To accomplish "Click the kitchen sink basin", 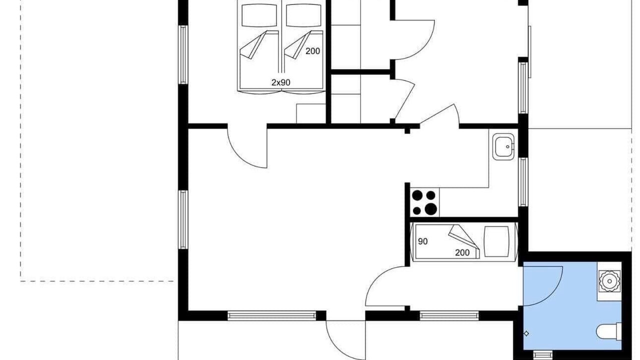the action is [x=503, y=146].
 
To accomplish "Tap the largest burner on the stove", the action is [x=430, y=209].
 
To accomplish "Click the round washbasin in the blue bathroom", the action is [x=609, y=281].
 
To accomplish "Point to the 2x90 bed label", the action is [x=280, y=82].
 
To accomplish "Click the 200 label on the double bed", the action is [x=312, y=51].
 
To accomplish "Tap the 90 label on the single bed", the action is [x=422, y=241].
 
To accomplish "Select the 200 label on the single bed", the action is [x=462, y=252].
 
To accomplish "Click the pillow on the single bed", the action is [x=496, y=241].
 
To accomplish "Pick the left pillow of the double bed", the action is [x=259, y=15].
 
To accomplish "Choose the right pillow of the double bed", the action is [x=303, y=15].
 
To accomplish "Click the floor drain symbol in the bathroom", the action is [x=526, y=333].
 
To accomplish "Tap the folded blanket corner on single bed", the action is [x=463, y=238].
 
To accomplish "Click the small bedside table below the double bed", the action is [x=311, y=113].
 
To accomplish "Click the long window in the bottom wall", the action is [x=271, y=315].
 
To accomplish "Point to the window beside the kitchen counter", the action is [x=523, y=182].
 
